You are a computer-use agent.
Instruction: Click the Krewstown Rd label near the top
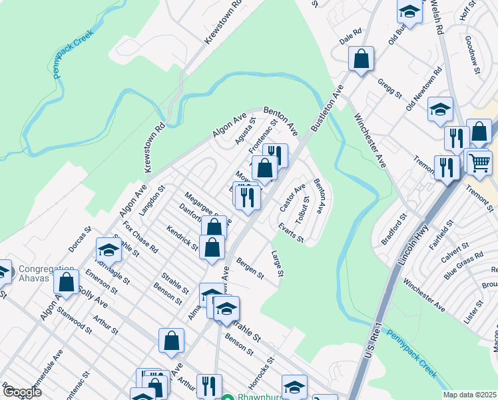coord(223,23)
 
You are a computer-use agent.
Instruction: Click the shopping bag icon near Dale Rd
coord(361,59)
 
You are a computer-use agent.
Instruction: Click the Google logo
coord(21,392)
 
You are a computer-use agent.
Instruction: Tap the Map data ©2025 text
coord(469,395)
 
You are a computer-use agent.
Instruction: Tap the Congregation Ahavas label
coord(47,273)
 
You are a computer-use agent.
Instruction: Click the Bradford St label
coord(393,229)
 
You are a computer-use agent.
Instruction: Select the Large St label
coord(278,263)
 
